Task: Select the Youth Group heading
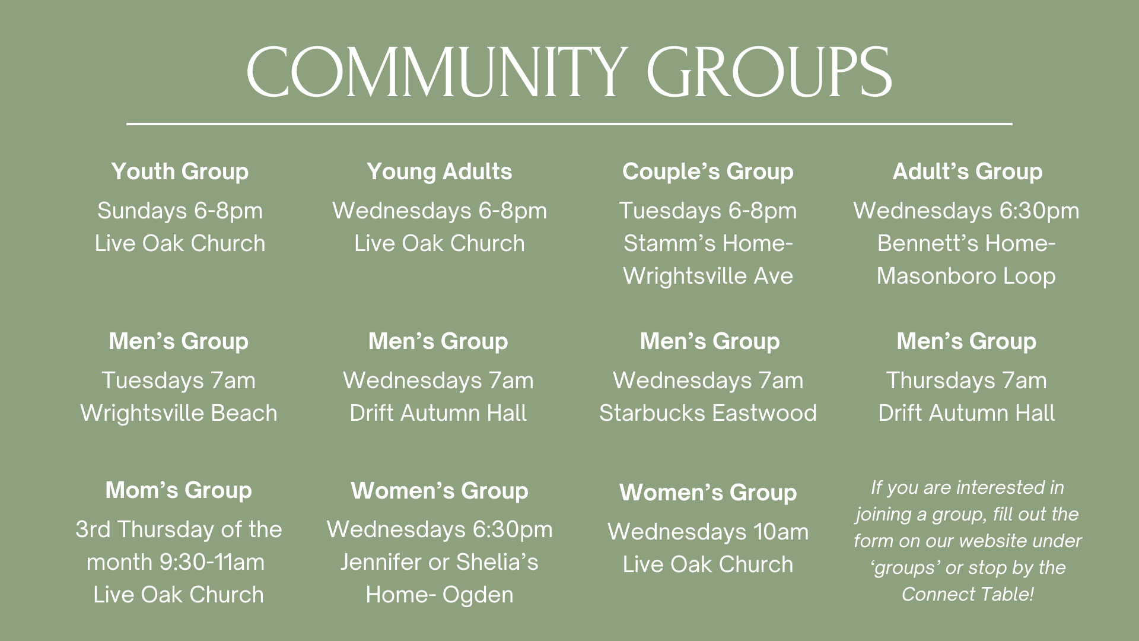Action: point(180,172)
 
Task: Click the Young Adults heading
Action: point(439,172)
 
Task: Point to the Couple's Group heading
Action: point(708,172)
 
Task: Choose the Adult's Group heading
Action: point(967,172)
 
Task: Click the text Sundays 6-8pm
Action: point(180,211)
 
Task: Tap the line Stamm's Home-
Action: point(708,243)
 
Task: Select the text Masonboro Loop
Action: point(966,276)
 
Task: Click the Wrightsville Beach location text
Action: point(179,413)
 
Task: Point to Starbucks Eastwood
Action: point(708,413)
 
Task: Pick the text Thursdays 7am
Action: point(966,380)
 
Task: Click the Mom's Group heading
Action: point(179,490)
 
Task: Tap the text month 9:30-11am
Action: point(176,562)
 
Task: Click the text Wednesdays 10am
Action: point(708,532)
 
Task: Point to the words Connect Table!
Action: point(967,594)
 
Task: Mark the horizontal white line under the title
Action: point(569,124)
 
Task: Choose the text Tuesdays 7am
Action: point(179,380)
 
